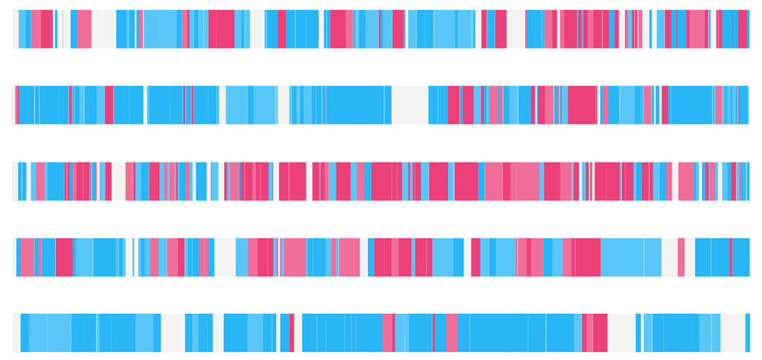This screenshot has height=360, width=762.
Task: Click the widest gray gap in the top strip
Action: point(103,29)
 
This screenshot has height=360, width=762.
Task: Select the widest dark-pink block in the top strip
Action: point(221,29)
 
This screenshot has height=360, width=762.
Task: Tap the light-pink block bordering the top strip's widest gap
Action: point(83,29)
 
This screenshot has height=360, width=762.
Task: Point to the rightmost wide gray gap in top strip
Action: point(515,29)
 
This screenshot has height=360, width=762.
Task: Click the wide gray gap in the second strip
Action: point(409,105)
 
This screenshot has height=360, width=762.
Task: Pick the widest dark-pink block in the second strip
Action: point(582,105)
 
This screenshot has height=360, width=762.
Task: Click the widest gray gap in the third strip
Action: point(118,181)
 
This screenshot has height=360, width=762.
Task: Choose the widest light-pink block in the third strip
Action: point(525,181)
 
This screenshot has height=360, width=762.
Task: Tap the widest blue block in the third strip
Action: point(55,181)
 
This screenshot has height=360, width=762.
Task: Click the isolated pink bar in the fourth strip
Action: point(681,257)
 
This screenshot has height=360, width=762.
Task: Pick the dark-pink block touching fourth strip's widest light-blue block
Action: point(588,257)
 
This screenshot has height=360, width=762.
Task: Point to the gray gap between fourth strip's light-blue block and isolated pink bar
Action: point(670,257)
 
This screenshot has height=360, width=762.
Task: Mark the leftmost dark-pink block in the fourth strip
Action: point(64,257)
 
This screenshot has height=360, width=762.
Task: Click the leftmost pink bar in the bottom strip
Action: point(283,332)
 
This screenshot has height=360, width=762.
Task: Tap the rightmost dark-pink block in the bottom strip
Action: point(599,332)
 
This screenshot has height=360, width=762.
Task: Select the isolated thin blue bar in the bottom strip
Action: point(638,332)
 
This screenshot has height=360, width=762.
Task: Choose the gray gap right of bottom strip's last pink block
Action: point(620,332)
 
